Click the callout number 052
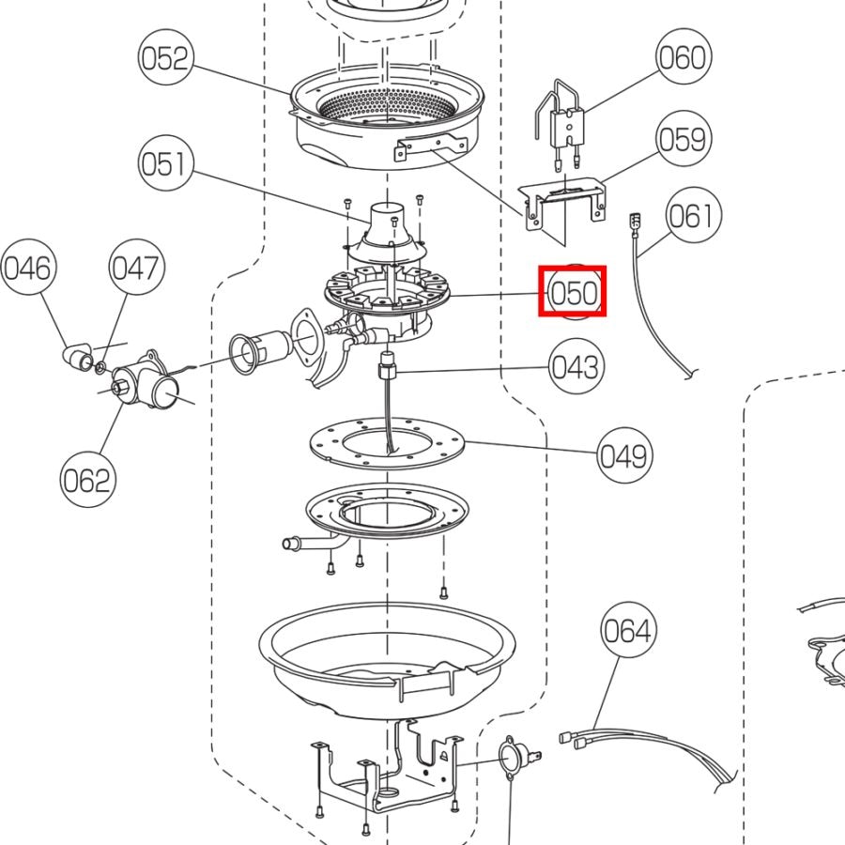(x=165, y=59)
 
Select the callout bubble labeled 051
(x=165, y=164)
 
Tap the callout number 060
(x=682, y=58)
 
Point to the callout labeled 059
(x=682, y=139)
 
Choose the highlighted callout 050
(x=573, y=292)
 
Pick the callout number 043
(x=575, y=366)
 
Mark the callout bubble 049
(x=623, y=455)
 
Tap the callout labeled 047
(x=136, y=269)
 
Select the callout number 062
(x=86, y=481)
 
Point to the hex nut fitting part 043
(x=387, y=364)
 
